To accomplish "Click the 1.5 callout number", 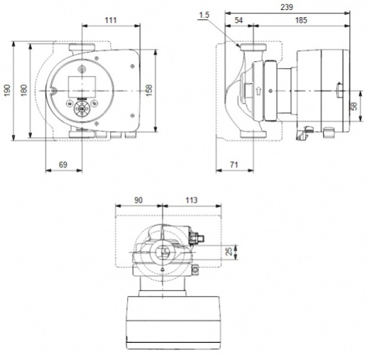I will coord(204,15).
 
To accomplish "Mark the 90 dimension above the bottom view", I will coord(139,199).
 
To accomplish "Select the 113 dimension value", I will coord(191,199).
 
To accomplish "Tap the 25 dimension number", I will coord(228,251).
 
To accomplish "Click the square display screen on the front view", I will coord(81,85).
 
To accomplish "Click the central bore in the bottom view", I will coord(161,252).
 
